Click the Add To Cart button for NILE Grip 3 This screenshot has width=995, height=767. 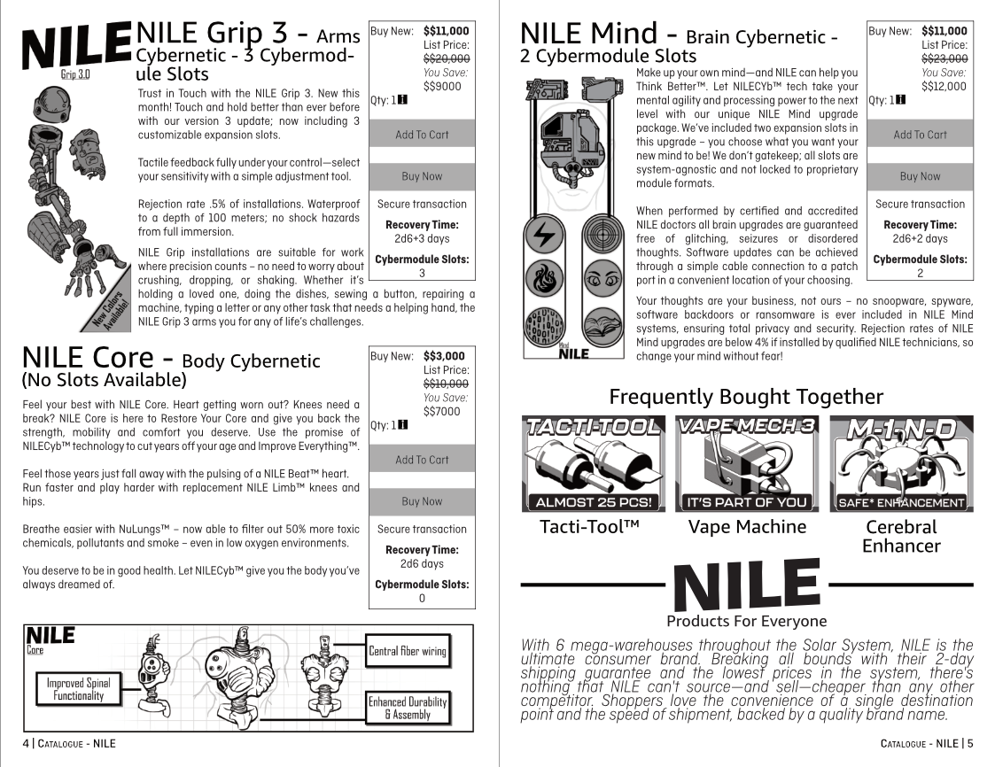[422, 135]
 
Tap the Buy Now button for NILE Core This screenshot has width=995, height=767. [422, 501]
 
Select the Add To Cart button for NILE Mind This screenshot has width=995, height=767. [920, 135]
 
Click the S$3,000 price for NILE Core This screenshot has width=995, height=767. [444, 356]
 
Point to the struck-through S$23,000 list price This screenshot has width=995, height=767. [944, 58]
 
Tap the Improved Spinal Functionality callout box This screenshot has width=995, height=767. [78, 689]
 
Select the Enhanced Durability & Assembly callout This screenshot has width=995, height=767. [408, 709]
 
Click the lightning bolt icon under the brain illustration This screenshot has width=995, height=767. [541, 236]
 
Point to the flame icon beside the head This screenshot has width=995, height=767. [541, 278]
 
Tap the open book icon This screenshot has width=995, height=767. [600, 322]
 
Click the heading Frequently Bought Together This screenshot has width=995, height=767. [746, 396]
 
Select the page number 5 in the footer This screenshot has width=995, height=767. [970, 743]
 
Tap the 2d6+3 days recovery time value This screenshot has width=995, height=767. [422, 239]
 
